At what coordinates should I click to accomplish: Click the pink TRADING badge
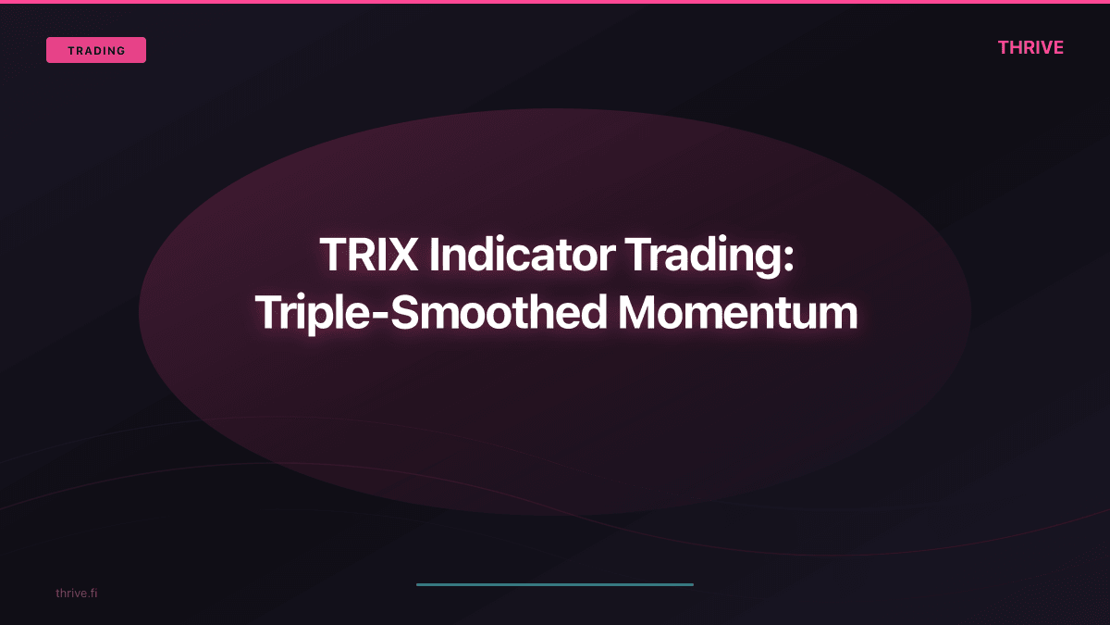tap(96, 50)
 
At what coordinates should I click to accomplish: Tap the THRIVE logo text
tap(1030, 48)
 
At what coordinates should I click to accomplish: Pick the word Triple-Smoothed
tap(431, 314)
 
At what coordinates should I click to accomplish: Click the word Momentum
tap(738, 314)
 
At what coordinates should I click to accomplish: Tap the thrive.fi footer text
tap(76, 593)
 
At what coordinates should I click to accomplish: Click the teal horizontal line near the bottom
tap(555, 584)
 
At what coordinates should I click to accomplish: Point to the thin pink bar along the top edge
tap(555, 2)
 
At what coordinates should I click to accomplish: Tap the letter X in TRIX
tap(403, 255)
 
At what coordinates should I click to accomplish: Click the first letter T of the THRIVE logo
tap(1004, 48)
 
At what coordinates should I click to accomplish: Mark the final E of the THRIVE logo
tap(1058, 48)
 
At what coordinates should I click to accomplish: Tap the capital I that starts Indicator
tap(434, 255)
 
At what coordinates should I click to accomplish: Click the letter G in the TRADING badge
tap(121, 51)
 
